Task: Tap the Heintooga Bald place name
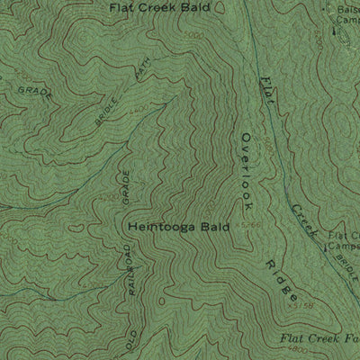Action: [179, 228]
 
